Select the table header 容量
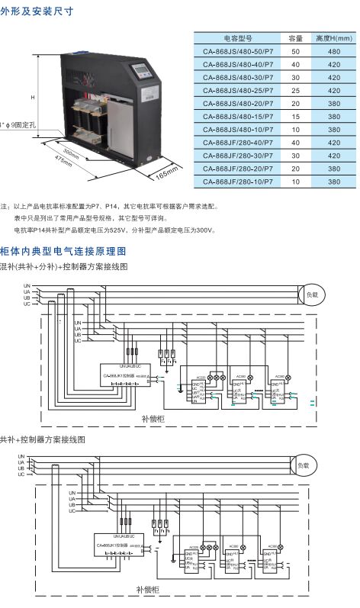[296, 37]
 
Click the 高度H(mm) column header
[334, 37]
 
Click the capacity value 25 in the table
[296, 90]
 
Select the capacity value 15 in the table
[296, 116]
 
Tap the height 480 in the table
[334, 50]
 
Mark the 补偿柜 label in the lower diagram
[146, 590]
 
